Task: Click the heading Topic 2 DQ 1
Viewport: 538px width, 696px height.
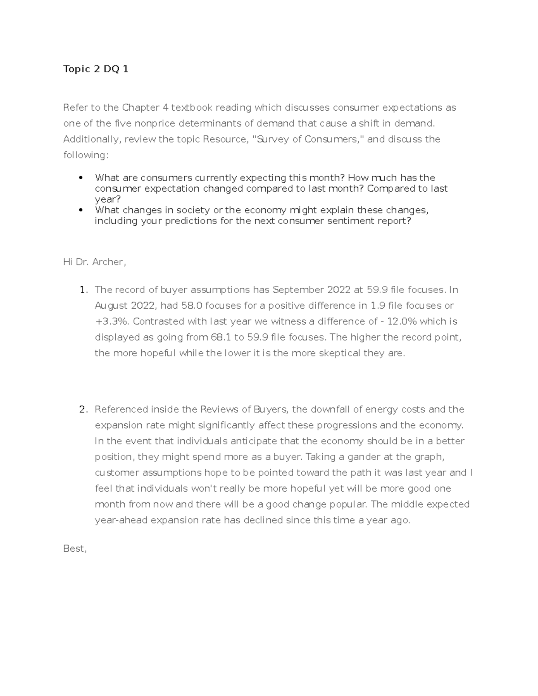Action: (x=96, y=69)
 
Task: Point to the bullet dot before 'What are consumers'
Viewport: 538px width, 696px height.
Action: (x=81, y=178)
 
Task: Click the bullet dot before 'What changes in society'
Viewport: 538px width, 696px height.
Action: (x=81, y=210)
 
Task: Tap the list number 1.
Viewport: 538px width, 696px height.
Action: (x=82, y=290)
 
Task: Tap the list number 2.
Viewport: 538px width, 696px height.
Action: (x=82, y=410)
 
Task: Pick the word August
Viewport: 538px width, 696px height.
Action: (x=112, y=306)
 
